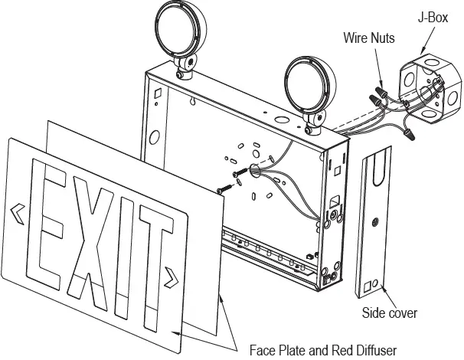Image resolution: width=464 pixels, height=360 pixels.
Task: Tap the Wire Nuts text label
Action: [x=369, y=38]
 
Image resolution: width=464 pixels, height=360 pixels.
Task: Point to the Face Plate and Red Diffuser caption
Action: [x=323, y=350]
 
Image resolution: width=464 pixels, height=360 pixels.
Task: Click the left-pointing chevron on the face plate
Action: [x=16, y=208]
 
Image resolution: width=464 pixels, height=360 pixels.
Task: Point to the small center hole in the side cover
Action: [x=374, y=222]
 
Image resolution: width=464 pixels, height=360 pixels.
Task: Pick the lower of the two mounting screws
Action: [x=223, y=187]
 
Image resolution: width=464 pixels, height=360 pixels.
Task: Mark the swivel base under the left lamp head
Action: [x=185, y=72]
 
